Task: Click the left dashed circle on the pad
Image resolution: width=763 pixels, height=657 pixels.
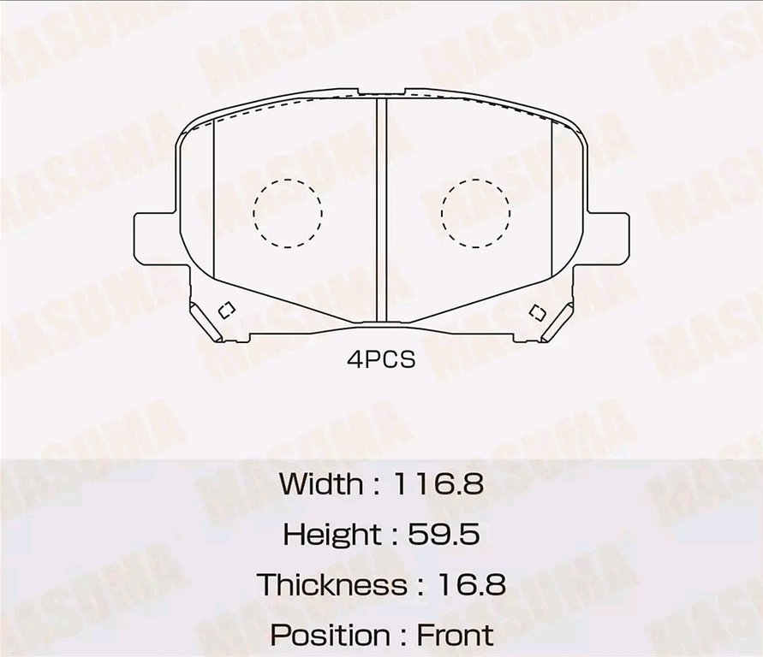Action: (288, 212)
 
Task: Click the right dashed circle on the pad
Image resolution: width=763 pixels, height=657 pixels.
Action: (475, 212)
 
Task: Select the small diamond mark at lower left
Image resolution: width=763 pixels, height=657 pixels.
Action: (227, 311)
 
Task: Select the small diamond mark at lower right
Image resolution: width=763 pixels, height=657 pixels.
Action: (537, 311)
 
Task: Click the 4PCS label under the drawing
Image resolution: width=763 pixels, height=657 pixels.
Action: (381, 360)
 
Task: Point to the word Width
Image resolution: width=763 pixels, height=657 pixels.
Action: (321, 484)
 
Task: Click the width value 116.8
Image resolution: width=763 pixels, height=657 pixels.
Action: (438, 484)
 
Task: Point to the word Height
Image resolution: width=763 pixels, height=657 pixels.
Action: (332, 536)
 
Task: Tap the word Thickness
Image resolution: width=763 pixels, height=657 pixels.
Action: (334, 586)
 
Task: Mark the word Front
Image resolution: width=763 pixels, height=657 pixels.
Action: (455, 636)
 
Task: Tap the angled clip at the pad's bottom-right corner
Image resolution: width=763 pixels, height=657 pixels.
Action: (557, 323)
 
